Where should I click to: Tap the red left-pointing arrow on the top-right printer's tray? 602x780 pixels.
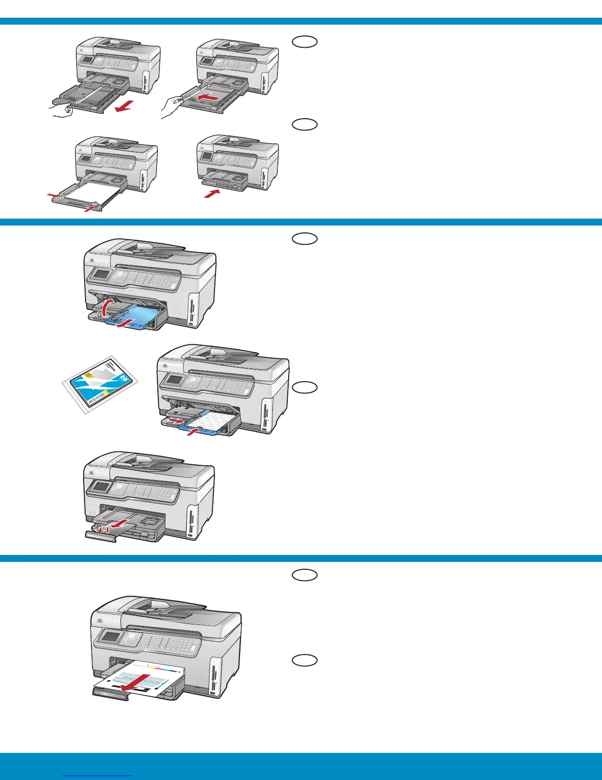207,99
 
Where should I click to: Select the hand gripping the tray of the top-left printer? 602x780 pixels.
61,109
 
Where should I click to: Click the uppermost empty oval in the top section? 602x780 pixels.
304,42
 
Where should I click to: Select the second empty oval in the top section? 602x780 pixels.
304,125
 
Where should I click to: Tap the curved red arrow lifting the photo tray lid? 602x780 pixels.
106,308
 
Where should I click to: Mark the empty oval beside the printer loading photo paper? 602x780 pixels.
304,388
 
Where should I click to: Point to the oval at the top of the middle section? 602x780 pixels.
304,239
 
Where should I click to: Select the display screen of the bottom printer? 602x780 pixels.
110,636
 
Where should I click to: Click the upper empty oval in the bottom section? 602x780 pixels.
304,575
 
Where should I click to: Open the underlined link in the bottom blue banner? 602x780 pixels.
98,775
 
